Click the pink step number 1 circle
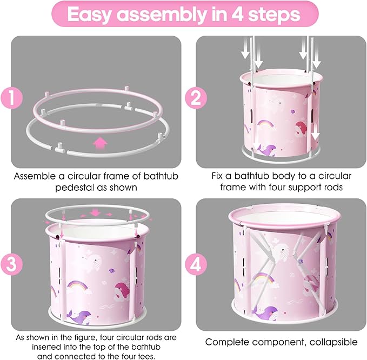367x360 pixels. [x=11, y=98]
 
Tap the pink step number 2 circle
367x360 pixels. [x=196, y=98]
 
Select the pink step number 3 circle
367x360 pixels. [x=11, y=264]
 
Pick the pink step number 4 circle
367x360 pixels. [x=196, y=264]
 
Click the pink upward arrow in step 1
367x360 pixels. [x=100, y=143]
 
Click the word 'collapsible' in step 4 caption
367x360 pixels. [x=333, y=342]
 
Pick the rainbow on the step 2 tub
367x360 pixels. [x=265, y=124]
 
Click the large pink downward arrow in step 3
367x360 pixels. [x=95, y=213]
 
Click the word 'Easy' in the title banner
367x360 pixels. [x=89, y=15]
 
